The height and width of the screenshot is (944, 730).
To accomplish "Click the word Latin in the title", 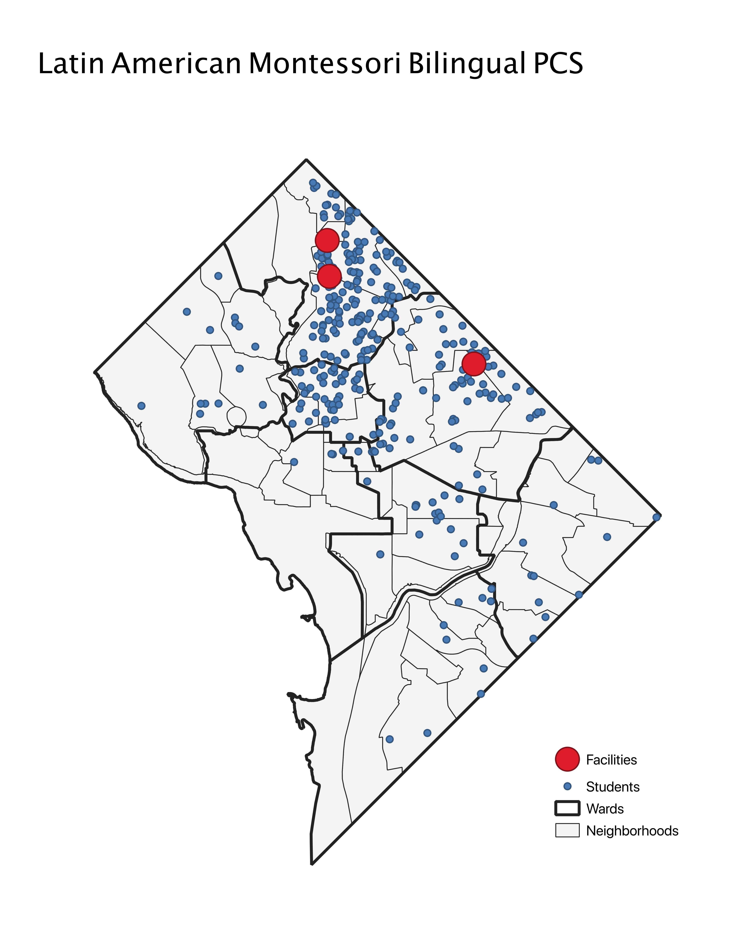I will pos(71,64).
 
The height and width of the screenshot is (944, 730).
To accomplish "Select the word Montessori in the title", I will pos(324,64).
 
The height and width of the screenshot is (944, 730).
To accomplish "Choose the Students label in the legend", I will pos(612,787).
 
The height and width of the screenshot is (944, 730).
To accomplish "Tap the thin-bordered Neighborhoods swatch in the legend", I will pos(567,830).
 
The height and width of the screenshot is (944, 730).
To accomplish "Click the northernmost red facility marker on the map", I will pos(327,240).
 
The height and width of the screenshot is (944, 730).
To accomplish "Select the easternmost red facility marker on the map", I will pos(474,364).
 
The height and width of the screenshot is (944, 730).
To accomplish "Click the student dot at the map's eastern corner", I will pos(656,517).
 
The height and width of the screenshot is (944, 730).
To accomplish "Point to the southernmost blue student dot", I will pos(389,739).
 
